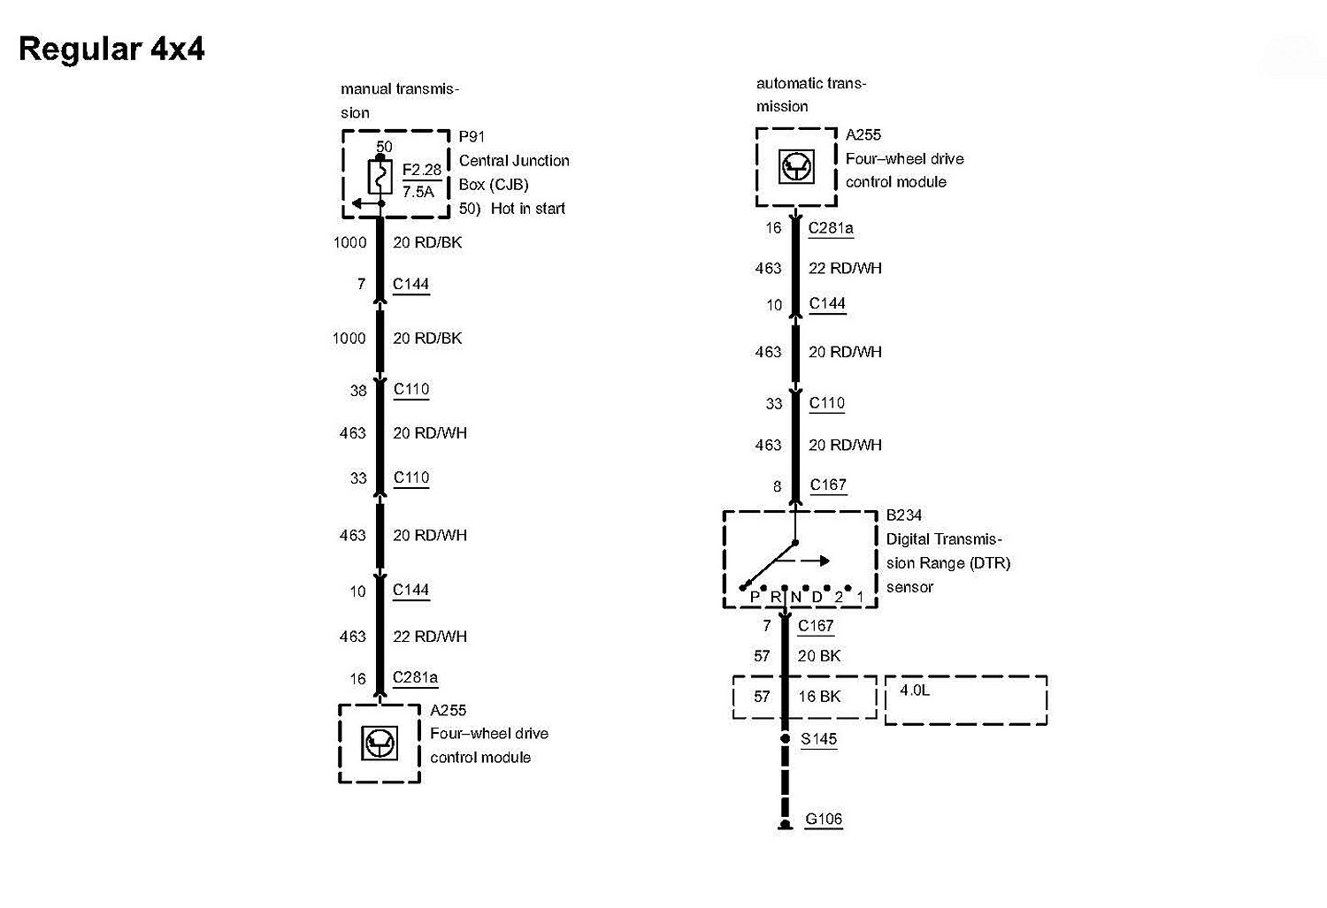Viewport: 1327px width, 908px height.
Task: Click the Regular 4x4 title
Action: (x=111, y=49)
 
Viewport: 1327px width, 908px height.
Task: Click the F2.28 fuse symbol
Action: (x=380, y=178)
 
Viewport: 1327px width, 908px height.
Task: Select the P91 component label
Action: (x=472, y=137)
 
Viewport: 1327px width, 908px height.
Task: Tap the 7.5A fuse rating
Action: (x=418, y=191)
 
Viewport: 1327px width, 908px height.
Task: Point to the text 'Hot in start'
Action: (x=528, y=209)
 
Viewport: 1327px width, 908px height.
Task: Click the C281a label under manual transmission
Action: (x=415, y=678)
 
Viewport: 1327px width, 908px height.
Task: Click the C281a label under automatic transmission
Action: (x=831, y=228)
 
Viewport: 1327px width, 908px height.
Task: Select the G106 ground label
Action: (x=824, y=819)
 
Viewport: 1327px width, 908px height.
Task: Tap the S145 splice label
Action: (x=818, y=739)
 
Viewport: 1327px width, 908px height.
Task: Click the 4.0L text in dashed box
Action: (x=915, y=690)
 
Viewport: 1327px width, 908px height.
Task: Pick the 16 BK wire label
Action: (x=819, y=697)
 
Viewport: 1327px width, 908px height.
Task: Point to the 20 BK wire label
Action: (x=819, y=656)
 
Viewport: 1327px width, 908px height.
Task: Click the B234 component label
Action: (x=904, y=515)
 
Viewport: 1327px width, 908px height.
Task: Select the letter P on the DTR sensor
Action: (x=755, y=597)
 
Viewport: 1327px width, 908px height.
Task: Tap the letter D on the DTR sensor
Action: (x=817, y=597)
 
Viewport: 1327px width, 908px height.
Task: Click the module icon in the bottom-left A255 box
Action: (x=380, y=743)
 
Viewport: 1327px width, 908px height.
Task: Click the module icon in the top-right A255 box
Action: (x=795, y=166)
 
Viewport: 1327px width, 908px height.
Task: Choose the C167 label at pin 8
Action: (x=828, y=485)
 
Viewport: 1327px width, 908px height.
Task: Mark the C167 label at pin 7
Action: (x=816, y=626)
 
